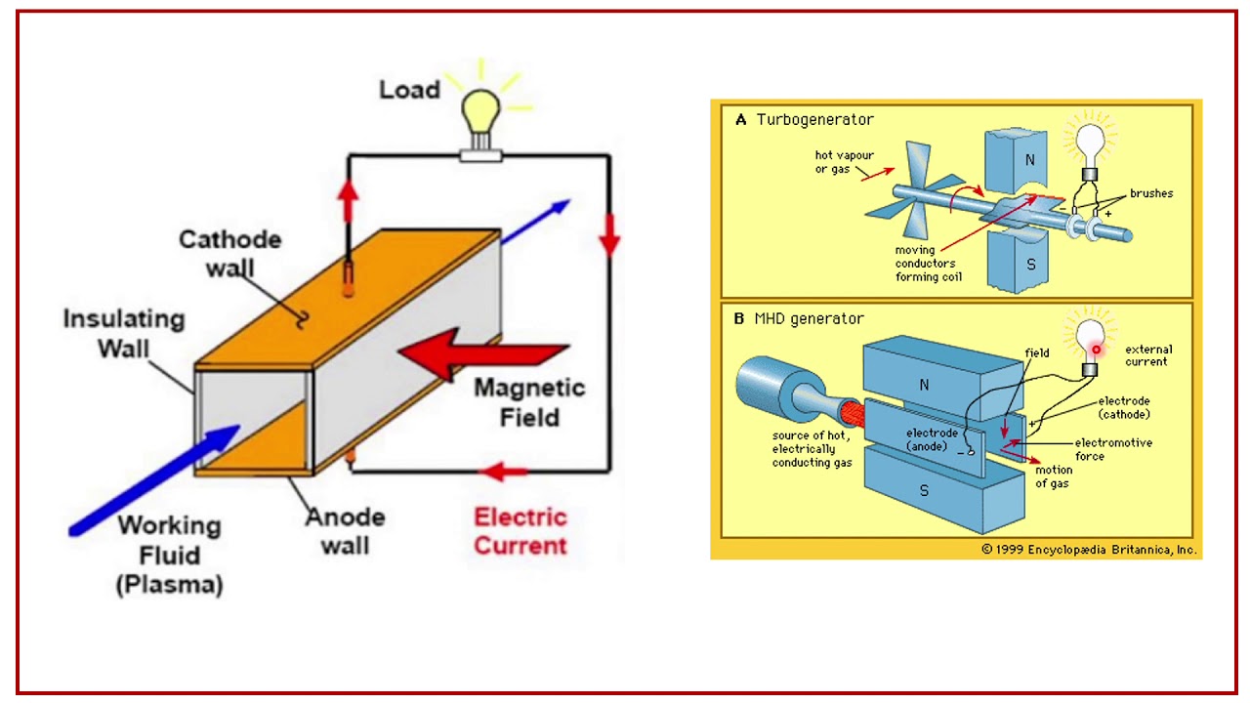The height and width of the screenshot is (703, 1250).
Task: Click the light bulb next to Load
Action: coord(480,114)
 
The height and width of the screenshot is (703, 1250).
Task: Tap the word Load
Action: coord(409,91)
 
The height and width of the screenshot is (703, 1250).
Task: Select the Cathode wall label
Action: coord(229,253)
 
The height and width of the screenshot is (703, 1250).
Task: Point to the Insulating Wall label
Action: coord(123,333)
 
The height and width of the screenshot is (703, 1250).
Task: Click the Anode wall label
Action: coord(345,530)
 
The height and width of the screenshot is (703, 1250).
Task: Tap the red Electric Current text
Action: coord(521,530)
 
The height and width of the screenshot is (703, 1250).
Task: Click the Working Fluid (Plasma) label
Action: coord(169,555)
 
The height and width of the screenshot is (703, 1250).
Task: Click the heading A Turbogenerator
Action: coord(804,120)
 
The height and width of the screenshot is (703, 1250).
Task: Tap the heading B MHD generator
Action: coord(799,318)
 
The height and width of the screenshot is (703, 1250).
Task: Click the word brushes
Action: coord(1151,193)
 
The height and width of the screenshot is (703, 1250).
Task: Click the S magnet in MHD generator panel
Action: coord(924,491)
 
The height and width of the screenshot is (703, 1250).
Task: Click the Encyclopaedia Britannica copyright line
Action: coord(1089,550)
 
